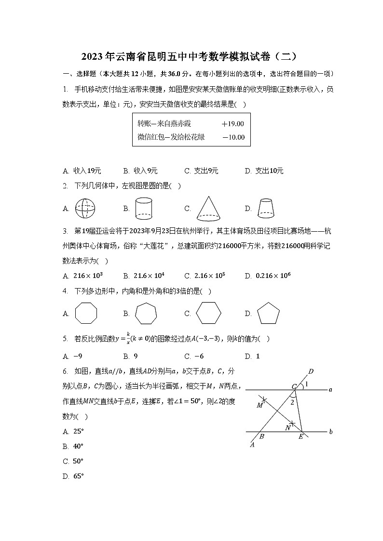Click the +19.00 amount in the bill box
click(x=233, y=124)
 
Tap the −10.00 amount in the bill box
click(x=233, y=137)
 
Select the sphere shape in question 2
click(x=86, y=209)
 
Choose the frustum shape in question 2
click(x=265, y=208)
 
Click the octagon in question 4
click(x=86, y=314)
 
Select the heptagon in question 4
click(x=146, y=314)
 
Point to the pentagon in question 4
click(x=268, y=314)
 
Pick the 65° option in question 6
click(x=78, y=476)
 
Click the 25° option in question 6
click(x=78, y=432)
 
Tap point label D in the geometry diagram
click(x=311, y=371)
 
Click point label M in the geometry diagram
click(x=260, y=405)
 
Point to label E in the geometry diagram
click(x=301, y=437)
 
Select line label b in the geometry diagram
click(x=331, y=432)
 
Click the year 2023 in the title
click(x=92, y=56)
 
